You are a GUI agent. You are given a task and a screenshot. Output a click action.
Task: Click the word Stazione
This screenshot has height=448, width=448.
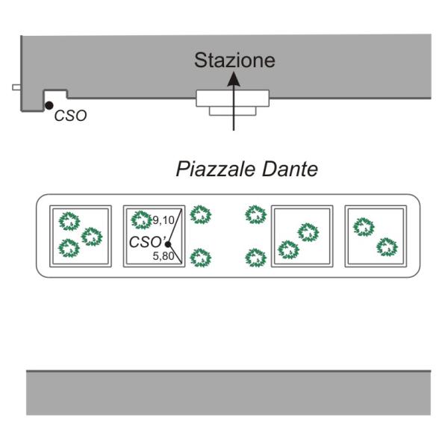(x=234, y=60)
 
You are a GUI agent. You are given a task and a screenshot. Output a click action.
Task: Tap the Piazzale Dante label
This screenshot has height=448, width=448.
(x=247, y=169)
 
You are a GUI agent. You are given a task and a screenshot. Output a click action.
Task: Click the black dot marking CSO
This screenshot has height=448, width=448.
(x=49, y=105)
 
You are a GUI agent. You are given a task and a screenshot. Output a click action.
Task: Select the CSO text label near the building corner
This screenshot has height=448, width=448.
(x=71, y=116)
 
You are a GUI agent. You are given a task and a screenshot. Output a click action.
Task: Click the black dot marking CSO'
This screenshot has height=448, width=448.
(x=168, y=244)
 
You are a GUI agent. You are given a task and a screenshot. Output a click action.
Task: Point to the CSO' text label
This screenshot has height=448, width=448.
(x=146, y=242)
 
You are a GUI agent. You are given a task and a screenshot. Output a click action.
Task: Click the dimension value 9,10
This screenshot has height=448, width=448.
(x=164, y=220)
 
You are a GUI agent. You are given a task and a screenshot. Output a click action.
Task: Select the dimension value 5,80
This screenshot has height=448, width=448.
(x=164, y=256)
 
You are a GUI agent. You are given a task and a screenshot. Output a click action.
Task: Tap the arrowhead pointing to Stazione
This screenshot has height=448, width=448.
(x=234, y=79)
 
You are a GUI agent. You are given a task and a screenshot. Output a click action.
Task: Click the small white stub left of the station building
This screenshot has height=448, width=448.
(x=16, y=87)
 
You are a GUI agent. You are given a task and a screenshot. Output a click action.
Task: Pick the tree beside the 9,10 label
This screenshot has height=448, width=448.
(x=141, y=220)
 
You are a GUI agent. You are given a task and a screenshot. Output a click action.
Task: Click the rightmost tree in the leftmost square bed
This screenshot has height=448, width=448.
(x=92, y=237)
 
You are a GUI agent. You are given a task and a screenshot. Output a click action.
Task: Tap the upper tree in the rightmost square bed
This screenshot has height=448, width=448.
(x=364, y=227)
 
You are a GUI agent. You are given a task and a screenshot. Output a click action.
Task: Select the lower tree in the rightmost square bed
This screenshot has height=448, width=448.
(x=387, y=247)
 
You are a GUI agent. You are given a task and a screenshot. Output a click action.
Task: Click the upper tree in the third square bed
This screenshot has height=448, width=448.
(x=308, y=232)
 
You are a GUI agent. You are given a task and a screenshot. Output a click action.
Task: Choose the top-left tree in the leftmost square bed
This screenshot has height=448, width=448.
(x=69, y=221)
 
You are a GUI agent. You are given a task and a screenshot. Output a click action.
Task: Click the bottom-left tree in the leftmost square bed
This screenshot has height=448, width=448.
(x=69, y=248)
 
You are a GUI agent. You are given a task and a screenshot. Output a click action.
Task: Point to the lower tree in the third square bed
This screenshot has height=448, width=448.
(x=288, y=249)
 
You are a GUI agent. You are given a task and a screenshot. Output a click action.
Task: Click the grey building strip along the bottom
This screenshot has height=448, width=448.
(x=228, y=393)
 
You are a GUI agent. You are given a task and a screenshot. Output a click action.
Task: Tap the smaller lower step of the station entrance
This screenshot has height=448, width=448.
(x=232, y=111)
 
